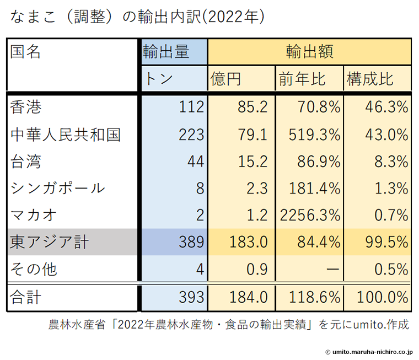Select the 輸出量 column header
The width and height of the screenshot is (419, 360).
(166, 52)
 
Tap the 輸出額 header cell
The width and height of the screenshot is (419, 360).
(309, 52)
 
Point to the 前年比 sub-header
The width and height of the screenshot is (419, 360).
(302, 79)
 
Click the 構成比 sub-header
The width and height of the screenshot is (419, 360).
(370, 79)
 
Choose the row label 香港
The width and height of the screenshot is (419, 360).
(26, 107)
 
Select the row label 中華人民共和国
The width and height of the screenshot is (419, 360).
(66, 134)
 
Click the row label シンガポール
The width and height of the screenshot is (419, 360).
(57, 188)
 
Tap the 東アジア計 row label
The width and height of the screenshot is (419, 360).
(50, 242)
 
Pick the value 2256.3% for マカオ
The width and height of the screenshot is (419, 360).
(310, 215)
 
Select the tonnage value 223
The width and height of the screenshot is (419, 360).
(192, 134)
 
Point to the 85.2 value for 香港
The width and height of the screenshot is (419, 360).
(253, 107)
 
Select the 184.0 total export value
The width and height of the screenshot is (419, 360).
(250, 298)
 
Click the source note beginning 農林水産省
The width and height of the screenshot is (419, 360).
(229, 324)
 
